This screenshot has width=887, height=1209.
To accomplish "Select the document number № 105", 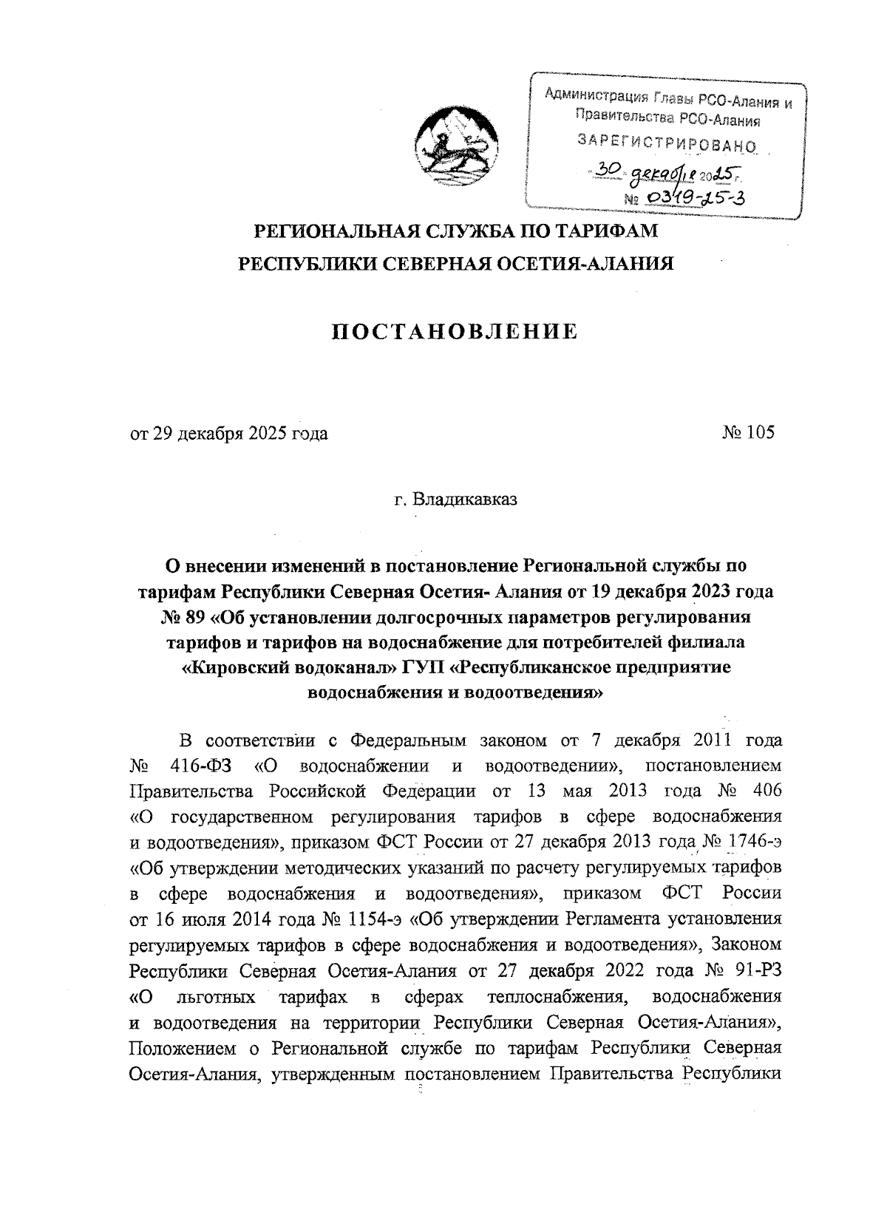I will (x=749, y=433).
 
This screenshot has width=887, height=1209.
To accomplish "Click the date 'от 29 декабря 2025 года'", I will (x=229, y=434).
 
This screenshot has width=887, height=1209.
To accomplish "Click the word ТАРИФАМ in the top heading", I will (x=605, y=231).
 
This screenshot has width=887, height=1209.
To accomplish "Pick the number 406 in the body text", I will (x=764, y=789).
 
